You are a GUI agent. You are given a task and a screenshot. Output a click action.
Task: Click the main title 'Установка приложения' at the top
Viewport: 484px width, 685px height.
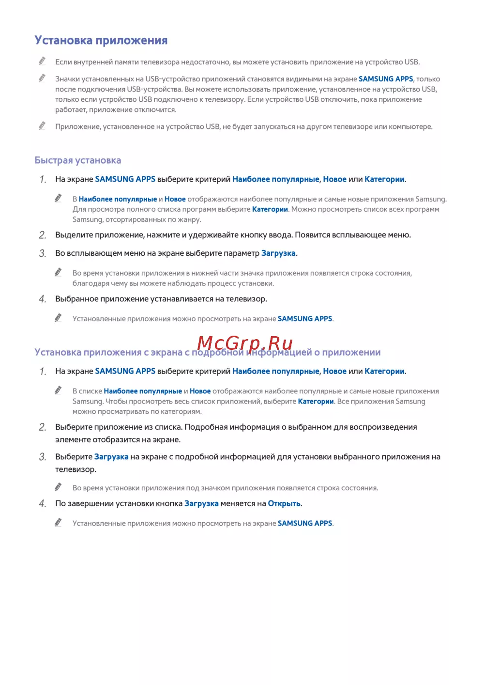(x=101, y=40)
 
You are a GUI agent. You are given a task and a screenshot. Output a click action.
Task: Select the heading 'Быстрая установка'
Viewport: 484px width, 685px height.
(x=77, y=160)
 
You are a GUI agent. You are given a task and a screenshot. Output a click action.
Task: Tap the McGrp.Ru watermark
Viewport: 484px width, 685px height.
(x=245, y=343)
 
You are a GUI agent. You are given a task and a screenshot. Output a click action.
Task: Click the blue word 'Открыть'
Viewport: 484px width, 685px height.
(x=284, y=504)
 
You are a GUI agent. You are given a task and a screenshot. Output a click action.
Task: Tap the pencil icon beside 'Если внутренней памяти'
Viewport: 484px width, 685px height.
(x=43, y=61)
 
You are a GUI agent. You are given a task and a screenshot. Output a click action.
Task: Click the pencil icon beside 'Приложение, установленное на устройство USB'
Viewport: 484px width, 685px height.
(x=43, y=126)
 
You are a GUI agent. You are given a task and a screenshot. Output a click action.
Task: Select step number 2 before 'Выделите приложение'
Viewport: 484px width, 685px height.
(x=43, y=235)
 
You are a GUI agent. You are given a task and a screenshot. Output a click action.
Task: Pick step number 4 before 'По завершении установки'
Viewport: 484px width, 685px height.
(x=43, y=504)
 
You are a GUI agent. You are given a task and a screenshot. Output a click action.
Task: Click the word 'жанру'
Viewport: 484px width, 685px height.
(x=188, y=219)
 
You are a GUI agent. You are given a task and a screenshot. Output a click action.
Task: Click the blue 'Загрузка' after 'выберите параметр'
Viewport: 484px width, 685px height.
(x=278, y=253)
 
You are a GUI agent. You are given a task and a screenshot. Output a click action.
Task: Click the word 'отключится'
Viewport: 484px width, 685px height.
(x=157, y=109)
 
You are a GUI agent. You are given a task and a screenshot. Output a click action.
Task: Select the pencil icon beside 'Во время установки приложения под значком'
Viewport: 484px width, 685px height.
(x=59, y=487)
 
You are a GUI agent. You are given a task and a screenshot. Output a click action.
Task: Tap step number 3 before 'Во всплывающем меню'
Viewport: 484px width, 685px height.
(x=43, y=254)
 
